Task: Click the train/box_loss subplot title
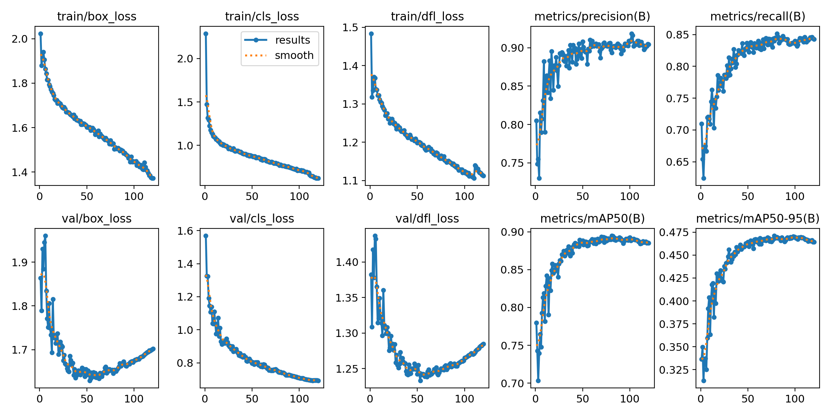97,16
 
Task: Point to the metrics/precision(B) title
592,16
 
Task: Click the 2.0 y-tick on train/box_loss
19,39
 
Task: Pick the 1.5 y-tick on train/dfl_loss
350,28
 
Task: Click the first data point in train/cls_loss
206,34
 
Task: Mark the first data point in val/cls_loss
206,236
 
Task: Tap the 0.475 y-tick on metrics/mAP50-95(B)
674,232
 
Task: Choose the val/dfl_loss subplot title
427,218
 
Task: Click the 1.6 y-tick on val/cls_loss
185,231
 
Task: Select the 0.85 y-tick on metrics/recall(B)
678,35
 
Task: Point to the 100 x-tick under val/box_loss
134,399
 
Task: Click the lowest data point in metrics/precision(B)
539,178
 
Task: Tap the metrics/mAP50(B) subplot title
592,218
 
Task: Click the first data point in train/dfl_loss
371,34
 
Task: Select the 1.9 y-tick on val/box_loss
19,262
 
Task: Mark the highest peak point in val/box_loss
45,236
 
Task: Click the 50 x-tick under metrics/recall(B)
748,196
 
